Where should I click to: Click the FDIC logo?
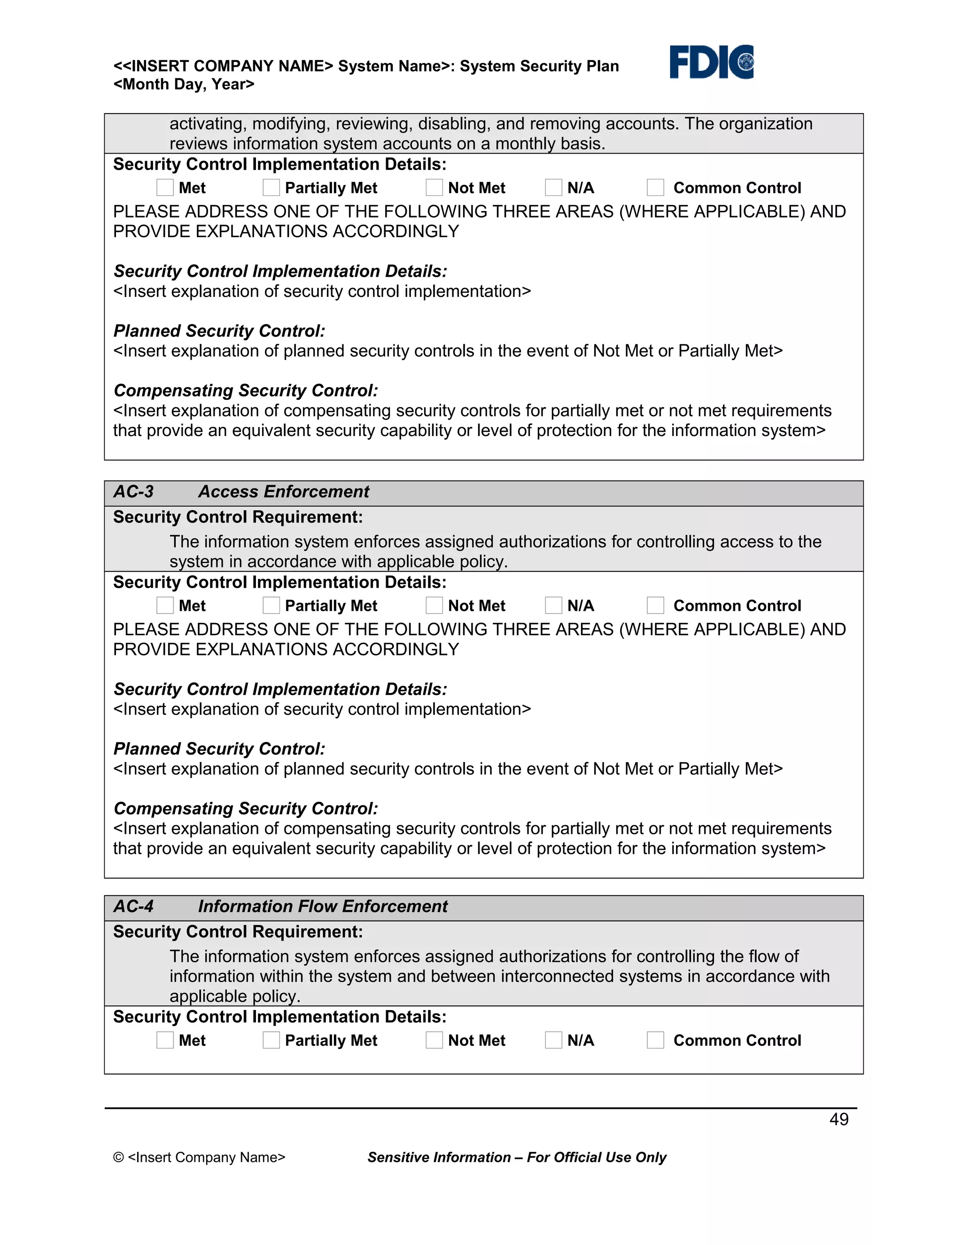pyautogui.click(x=711, y=62)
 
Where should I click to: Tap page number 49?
pyautogui.click(x=838, y=1120)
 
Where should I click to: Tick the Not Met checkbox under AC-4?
pyautogui.click(x=434, y=1040)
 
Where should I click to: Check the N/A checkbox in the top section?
pyautogui.click(x=553, y=187)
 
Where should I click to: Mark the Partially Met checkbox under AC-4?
pyautogui.click(x=272, y=1040)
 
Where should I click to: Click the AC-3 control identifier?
pyautogui.click(x=133, y=491)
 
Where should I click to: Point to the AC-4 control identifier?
pyautogui.click(x=133, y=906)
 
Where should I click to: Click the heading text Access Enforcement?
pyautogui.click(x=283, y=491)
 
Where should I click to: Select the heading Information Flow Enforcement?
pyautogui.click(x=323, y=906)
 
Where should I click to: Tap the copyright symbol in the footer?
pyautogui.click(x=118, y=1157)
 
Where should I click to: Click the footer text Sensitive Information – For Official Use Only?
pyautogui.click(x=516, y=1157)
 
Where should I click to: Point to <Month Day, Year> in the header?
pyautogui.click(x=184, y=85)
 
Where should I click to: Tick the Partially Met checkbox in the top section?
pyautogui.click(x=272, y=187)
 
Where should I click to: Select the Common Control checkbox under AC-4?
pyautogui.click(x=655, y=1040)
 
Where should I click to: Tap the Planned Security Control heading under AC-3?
pyautogui.click(x=219, y=748)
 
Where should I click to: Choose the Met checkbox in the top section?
pyautogui.click(x=165, y=187)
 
